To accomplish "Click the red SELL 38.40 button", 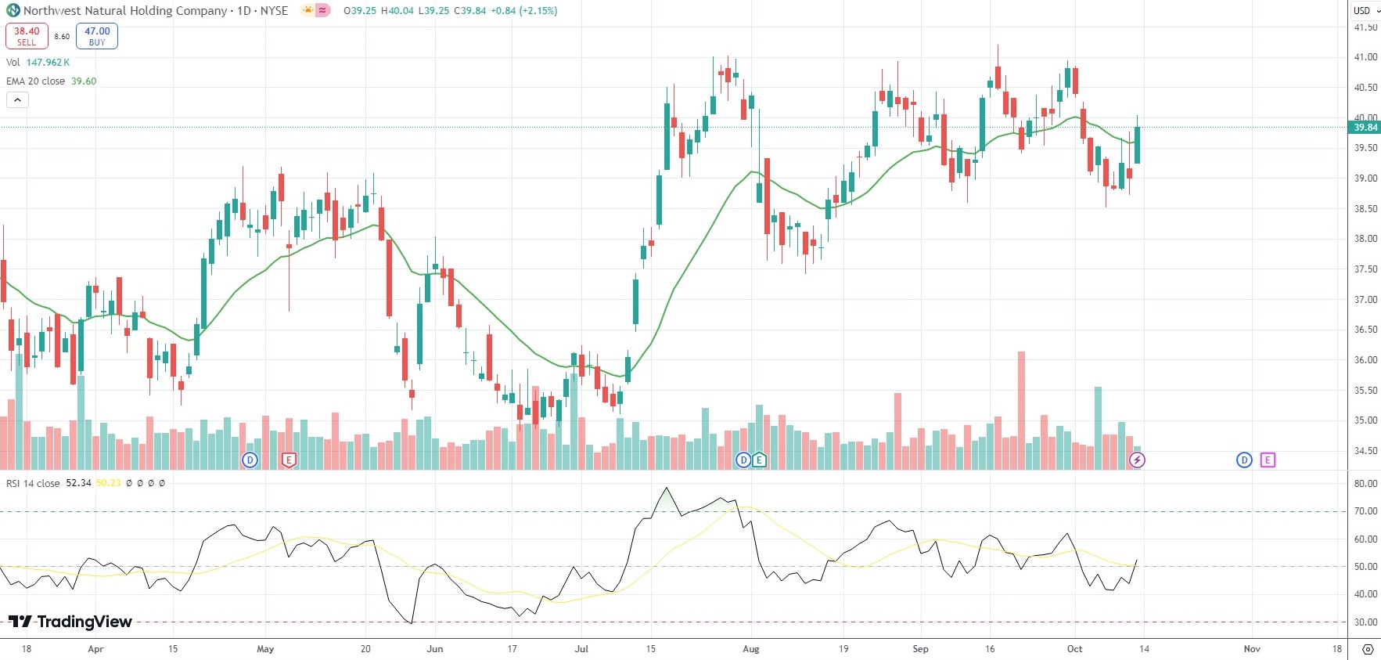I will coord(27,36).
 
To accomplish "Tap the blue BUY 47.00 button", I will coord(97,36).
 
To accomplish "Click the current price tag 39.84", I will coord(1365,128).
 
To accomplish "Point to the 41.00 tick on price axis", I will coord(1365,57).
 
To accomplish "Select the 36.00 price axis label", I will coord(1365,360).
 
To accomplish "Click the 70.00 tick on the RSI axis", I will coord(1365,511).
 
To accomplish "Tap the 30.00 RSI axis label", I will coord(1365,622).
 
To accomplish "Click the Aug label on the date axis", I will coord(751,649).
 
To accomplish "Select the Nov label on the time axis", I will coord(1252,649).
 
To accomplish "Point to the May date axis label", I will coord(265,649).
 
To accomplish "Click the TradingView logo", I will coord(70,622).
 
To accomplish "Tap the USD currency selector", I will coord(1366,11).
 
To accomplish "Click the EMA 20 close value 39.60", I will coord(84,81).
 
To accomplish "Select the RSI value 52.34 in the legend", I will coord(78,483).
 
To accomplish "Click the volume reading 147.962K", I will coord(48,63).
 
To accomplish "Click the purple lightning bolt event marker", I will coord(1137,460).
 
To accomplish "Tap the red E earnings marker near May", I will coord(289,460).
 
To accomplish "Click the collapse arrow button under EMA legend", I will coord(17,100).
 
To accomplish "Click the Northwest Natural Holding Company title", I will coord(125,11).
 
